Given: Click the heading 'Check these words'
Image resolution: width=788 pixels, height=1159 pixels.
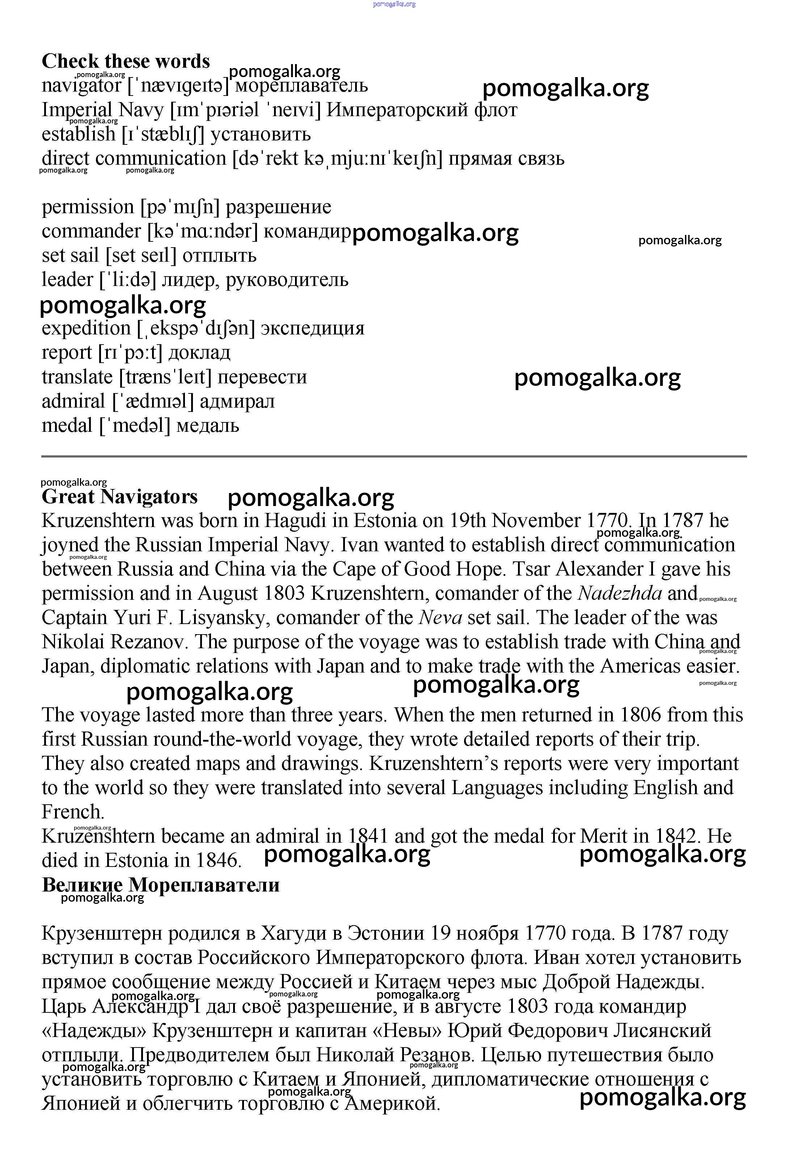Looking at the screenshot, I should pyautogui.click(x=126, y=61).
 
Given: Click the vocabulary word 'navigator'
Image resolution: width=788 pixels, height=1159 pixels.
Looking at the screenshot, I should pyautogui.click(x=81, y=86).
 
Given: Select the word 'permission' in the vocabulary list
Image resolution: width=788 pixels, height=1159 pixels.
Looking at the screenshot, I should pyautogui.click(x=88, y=207).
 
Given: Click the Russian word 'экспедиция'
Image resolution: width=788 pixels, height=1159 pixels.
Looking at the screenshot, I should pyautogui.click(x=313, y=328).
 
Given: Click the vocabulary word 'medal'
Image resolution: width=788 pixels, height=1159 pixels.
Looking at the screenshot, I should pyautogui.click(x=67, y=425).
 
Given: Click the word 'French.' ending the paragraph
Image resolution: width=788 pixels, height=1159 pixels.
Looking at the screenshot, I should pyautogui.click(x=73, y=812).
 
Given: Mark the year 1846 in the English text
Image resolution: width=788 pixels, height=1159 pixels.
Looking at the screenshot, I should pyautogui.click(x=218, y=860).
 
